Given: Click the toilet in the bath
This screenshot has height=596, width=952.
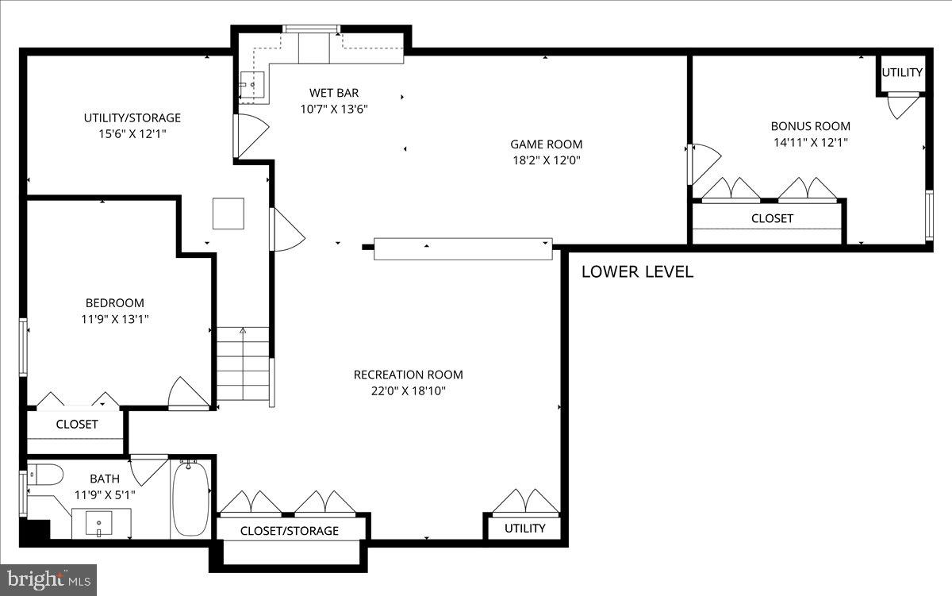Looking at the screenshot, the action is (x=45, y=475).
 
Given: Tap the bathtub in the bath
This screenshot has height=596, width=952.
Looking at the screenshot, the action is (x=191, y=499).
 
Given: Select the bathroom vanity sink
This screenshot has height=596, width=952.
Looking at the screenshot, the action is (x=99, y=523).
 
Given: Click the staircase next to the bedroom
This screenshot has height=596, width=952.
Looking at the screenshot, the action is (x=243, y=363).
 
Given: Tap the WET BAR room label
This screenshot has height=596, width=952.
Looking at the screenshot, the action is (x=334, y=93).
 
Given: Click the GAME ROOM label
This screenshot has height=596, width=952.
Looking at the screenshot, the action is (x=546, y=144).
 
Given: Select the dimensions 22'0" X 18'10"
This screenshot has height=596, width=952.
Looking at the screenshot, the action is (x=408, y=390).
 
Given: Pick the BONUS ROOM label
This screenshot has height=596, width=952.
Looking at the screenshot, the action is (x=811, y=126).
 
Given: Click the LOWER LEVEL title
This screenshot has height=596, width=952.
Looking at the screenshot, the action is (x=637, y=271).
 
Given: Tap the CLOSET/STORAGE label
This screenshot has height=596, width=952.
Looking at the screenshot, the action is (x=290, y=531).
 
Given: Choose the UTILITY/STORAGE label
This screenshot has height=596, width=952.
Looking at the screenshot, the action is (x=132, y=117).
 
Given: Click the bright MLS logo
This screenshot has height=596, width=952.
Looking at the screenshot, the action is (x=48, y=580).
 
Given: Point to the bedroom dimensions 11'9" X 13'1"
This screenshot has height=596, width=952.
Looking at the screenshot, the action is (x=115, y=319).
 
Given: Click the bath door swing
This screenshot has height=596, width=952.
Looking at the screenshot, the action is (x=149, y=470).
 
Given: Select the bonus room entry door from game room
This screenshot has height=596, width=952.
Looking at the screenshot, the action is (x=704, y=164).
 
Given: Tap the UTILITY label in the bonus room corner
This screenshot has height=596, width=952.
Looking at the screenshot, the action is (x=902, y=73).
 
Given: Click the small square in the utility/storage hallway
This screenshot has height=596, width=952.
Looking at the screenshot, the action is (x=228, y=213).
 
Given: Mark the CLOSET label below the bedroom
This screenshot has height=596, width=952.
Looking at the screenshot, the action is (x=77, y=425).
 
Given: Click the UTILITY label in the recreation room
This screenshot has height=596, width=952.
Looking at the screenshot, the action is (x=525, y=528).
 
